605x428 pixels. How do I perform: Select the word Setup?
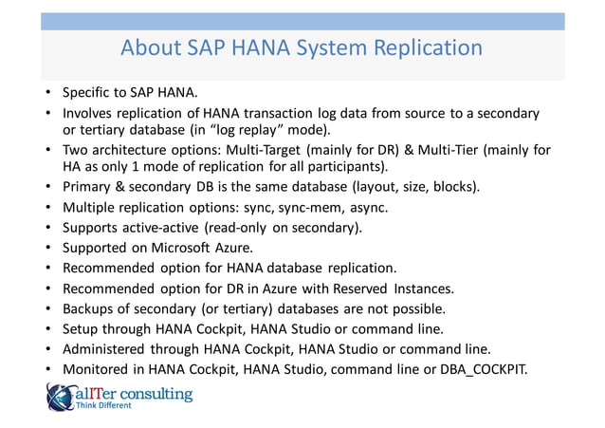(x=82, y=329)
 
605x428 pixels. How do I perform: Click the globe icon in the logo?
(x=59, y=397)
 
